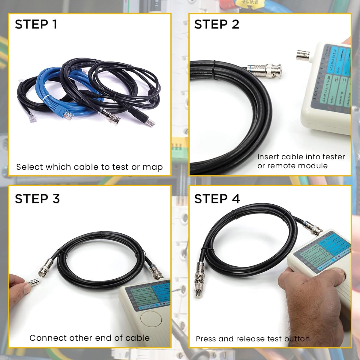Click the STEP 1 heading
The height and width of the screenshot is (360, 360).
(x=36, y=24)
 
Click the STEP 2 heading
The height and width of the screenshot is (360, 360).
(x=217, y=24)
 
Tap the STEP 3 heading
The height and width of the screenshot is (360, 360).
(x=37, y=199)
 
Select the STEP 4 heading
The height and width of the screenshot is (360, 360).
(x=217, y=199)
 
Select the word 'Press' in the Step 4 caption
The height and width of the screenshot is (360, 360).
(x=206, y=339)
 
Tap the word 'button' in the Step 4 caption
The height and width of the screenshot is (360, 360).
(x=297, y=339)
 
